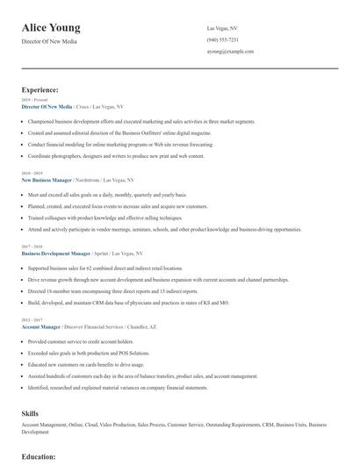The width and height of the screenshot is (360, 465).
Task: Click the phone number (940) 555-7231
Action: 222,39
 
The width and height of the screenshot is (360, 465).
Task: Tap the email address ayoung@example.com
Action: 230,52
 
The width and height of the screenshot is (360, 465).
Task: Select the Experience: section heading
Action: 40,89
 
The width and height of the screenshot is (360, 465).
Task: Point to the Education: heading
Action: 39,457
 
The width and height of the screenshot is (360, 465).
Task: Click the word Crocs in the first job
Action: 82,106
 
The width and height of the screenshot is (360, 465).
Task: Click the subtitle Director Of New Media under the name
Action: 49,41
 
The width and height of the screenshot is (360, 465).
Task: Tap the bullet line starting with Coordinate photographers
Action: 116,155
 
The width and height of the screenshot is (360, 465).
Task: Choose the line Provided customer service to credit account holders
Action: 81,341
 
